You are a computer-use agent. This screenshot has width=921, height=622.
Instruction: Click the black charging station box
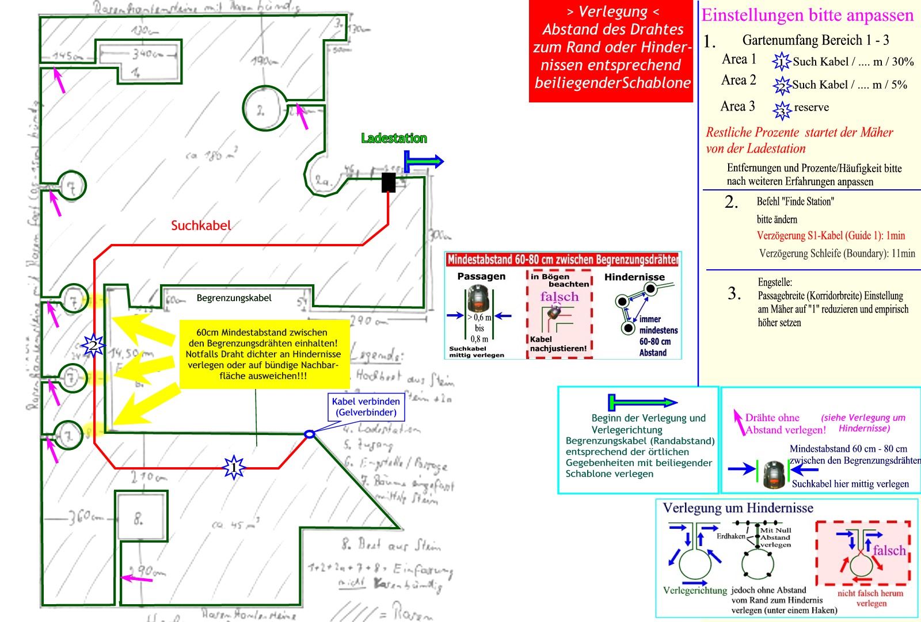point(389,182)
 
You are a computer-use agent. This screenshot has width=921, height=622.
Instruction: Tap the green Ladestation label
point(394,138)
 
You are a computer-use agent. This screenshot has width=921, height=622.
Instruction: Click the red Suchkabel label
point(201,226)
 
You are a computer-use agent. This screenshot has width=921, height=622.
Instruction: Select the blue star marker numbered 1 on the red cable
point(234,467)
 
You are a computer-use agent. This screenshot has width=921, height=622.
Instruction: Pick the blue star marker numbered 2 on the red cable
point(93,346)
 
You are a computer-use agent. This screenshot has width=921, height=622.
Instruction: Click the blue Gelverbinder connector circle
point(309,434)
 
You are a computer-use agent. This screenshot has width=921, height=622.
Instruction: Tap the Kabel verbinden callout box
point(366,407)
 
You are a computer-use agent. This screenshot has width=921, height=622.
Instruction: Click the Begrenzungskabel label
point(234,298)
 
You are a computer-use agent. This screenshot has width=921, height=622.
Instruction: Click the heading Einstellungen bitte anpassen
point(807,15)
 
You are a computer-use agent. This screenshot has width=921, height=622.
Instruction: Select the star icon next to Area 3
point(782,109)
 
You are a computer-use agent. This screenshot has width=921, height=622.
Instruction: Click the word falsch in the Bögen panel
point(559,297)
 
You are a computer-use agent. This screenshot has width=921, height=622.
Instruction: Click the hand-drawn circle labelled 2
point(264,108)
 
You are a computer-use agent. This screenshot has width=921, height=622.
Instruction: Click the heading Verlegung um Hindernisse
point(738,508)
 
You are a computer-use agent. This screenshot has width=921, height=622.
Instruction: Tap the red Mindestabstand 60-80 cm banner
point(562,260)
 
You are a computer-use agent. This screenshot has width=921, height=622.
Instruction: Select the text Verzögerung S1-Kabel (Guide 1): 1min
point(831,235)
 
